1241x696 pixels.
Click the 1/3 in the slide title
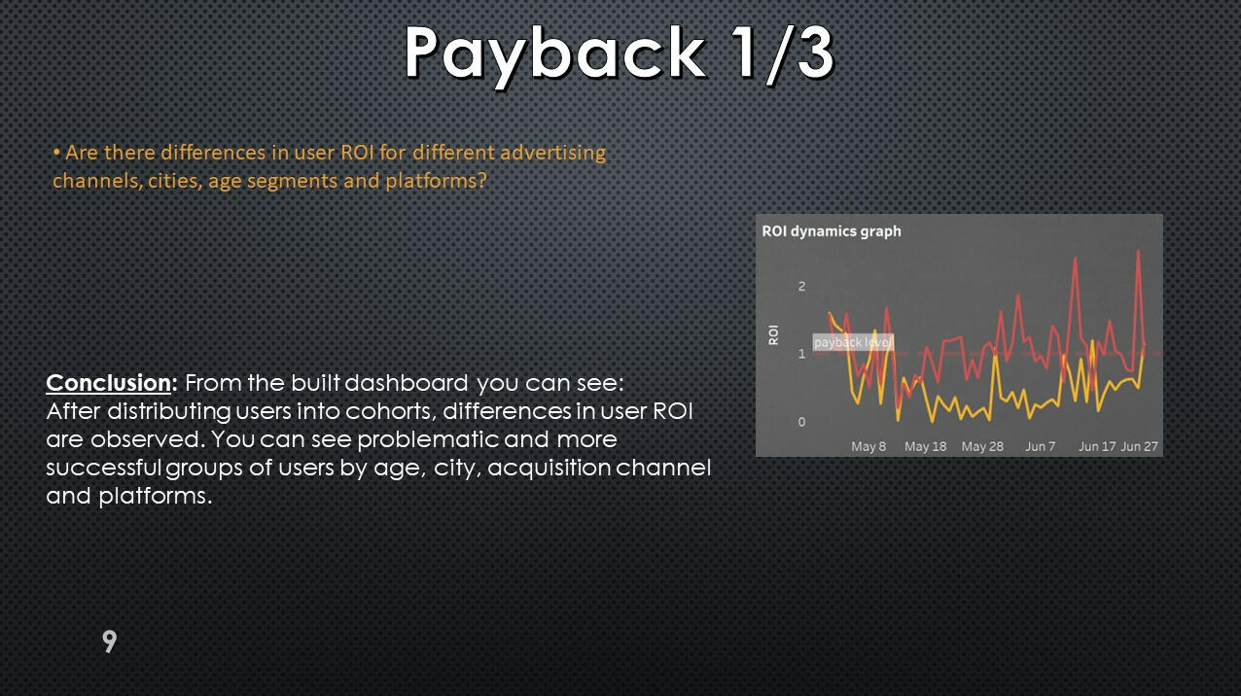782,53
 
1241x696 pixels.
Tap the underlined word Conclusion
109,383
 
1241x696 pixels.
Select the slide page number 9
110,642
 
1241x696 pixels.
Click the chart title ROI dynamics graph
831,231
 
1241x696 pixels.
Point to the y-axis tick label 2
801,286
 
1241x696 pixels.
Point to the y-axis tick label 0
801,422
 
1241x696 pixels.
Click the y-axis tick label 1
801,354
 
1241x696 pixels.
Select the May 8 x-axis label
869,446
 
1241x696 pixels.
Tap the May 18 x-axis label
925,446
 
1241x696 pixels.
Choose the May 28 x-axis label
982,446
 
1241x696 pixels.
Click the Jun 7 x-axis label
1041,446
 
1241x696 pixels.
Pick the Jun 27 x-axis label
1139,446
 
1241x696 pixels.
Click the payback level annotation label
853,342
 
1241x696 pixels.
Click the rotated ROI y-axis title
773,335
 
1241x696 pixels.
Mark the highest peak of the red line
1139,252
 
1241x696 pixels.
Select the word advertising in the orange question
553,153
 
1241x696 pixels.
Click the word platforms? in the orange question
436,181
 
